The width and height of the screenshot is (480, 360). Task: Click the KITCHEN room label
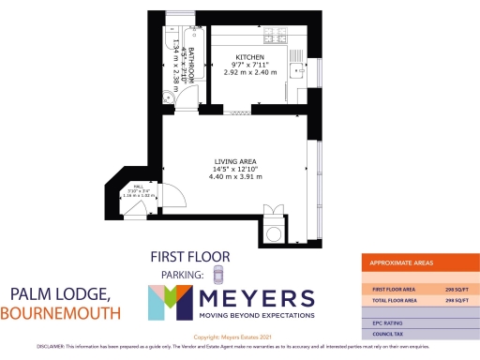(x=249, y=57)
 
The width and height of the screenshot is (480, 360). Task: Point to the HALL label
(x=138, y=186)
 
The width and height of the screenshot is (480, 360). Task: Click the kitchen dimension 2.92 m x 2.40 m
(x=250, y=72)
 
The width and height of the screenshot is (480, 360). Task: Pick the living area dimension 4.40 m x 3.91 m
(x=234, y=177)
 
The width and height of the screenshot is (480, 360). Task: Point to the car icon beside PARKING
(x=218, y=274)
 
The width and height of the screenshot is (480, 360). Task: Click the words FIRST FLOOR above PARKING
(x=189, y=257)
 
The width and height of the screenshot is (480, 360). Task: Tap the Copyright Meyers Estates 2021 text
(x=239, y=337)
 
